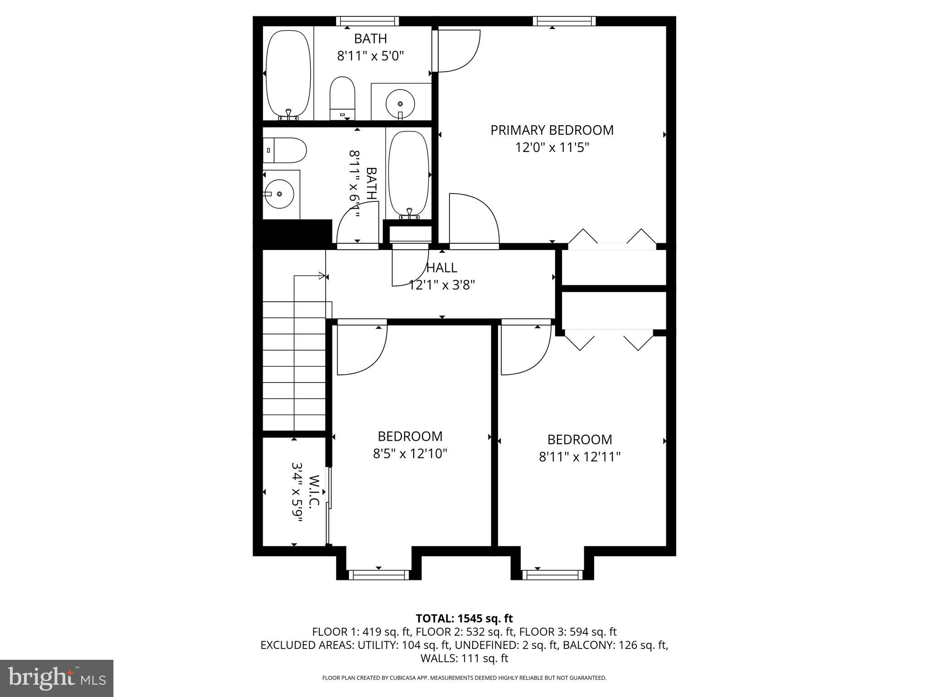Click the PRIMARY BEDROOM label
(552, 130)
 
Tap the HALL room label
(441, 268)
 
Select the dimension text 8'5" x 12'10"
(410, 453)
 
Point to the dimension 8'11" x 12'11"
(579, 456)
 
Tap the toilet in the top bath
(342, 97)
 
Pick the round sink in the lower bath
(279, 194)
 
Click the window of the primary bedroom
(564, 21)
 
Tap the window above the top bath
(367, 21)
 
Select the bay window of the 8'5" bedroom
(378, 575)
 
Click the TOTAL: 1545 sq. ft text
(464, 618)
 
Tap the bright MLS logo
(57, 678)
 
